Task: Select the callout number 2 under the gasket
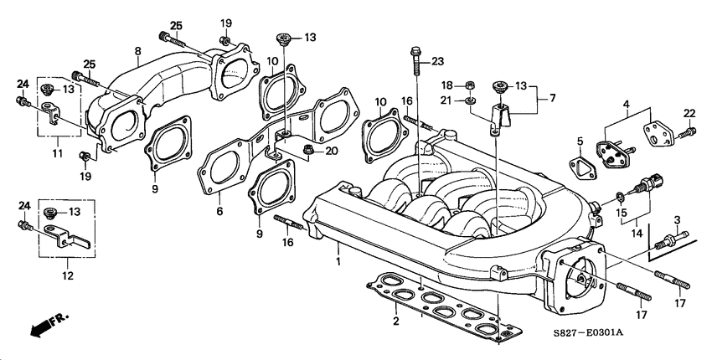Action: (x=396, y=320)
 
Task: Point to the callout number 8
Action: (x=137, y=52)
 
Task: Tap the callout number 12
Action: (x=68, y=275)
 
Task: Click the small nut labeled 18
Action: (x=472, y=85)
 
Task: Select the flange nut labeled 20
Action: (x=307, y=152)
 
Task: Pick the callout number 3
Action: (x=677, y=220)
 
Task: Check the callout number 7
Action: (x=553, y=99)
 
